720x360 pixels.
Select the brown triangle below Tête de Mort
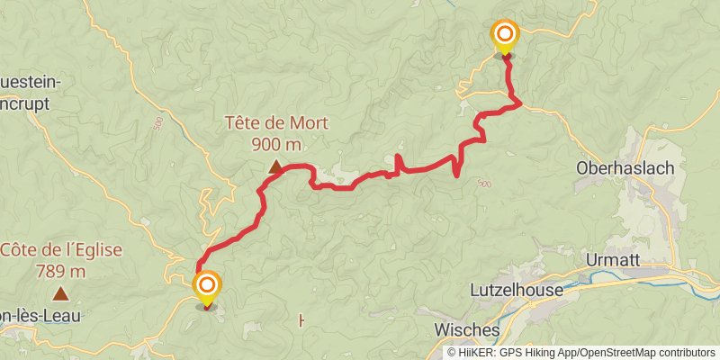pyautogui.click(x=274, y=166)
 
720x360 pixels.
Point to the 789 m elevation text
pyautogui.click(x=60, y=270)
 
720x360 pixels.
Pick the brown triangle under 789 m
pyautogui.click(x=60, y=292)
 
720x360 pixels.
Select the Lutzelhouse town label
pyautogui.click(x=516, y=291)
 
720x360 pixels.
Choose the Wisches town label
pyautogui.click(x=466, y=328)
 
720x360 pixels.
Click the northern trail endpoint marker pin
pyautogui.click(x=505, y=37)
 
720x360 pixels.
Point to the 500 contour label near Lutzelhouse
pyautogui.click(x=484, y=184)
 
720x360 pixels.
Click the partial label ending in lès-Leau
pyautogui.click(x=40, y=316)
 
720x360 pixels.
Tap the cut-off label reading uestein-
pyautogui.click(x=31, y=83)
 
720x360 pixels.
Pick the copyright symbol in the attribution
pyautogui.click(x=452, y=353)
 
